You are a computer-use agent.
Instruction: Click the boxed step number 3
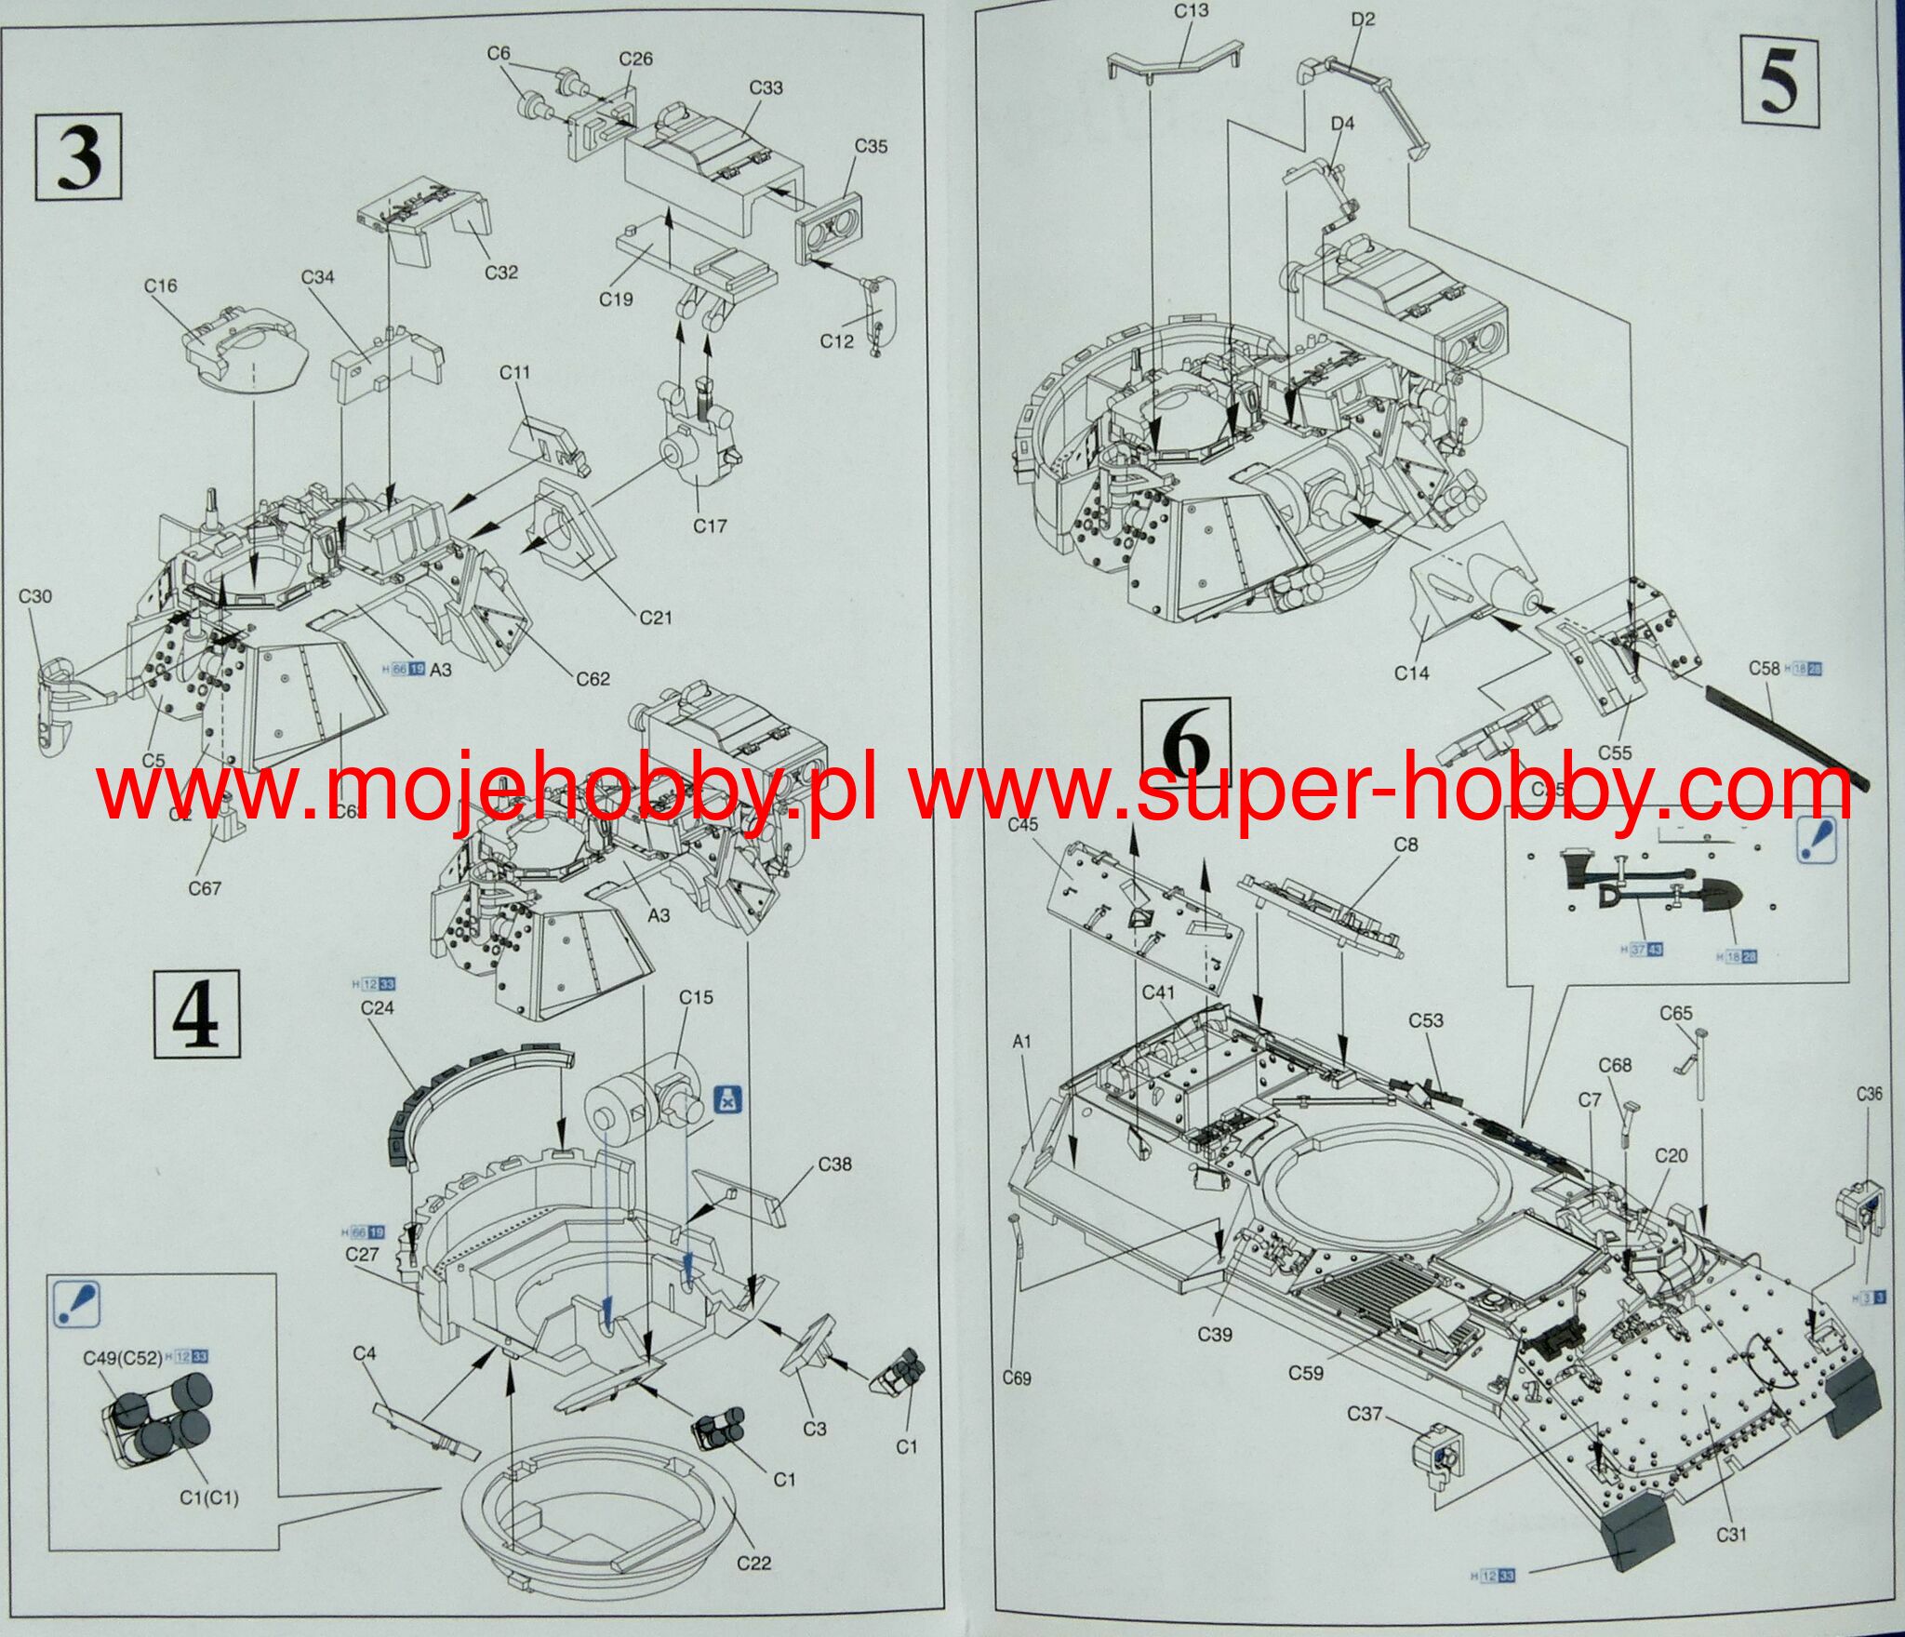tap(79, 156)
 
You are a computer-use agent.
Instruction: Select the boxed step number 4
tap(196, 1014)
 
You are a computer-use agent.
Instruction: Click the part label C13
tap(1191, 10)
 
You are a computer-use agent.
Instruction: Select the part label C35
tap(871, 146)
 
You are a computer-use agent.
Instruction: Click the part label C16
tap(160, 286)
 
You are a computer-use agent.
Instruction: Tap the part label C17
tap(710, 526)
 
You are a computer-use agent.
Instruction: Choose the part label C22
tap(754, 1563)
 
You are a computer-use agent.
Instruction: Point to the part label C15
tap(696, 997)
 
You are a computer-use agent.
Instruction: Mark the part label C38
tap(834, 1165)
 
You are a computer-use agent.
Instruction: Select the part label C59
tap(1306, 1372)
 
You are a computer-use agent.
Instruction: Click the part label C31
tap(1730, 1535)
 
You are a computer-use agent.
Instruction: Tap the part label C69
tap(1017, 1378)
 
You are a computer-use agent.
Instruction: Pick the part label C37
tap(1365, 1414)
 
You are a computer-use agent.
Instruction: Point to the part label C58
tap(1765, 668)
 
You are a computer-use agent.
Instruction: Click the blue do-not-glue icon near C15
tap(726, 1100)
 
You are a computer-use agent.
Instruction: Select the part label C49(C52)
tap(122, 1357)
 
